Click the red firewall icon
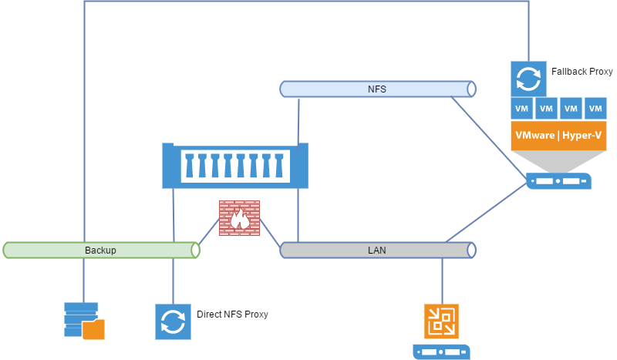point(239,217)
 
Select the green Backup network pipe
point(46,250)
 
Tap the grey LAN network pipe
point(339,250)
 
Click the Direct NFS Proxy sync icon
point(173,321)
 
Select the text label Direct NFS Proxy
point(232,315)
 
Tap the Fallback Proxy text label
point(582,72)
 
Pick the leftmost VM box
point(522,109)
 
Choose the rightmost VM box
point(595,109)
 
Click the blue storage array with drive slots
point(235,166)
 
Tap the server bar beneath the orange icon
point(441,352)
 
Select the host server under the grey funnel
point(559,182)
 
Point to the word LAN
point(376,250)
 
